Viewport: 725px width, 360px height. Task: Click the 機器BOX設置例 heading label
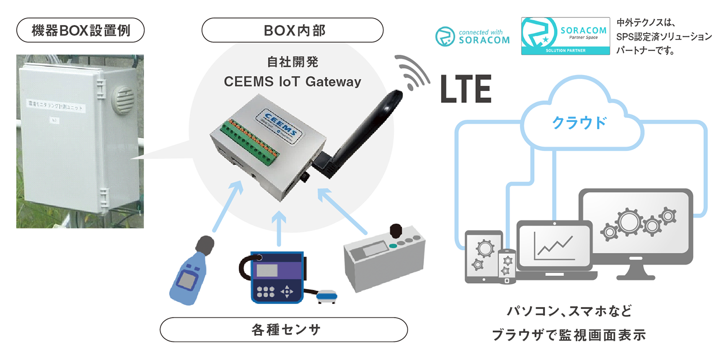point(80,31)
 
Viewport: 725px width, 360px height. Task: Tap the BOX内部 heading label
point(292,31)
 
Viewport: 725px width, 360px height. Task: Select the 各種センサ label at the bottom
point(283,330)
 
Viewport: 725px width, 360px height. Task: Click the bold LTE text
point(465,88)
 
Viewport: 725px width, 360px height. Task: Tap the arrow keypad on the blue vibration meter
point(287,290)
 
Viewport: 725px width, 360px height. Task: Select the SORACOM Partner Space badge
point(565,35)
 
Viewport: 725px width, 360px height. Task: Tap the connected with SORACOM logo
point(472,36)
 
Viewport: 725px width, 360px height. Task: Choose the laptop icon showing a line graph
point(555,250)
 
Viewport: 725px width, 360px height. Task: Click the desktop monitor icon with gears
point(635,225)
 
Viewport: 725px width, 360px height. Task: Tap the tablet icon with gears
point(481,255)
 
